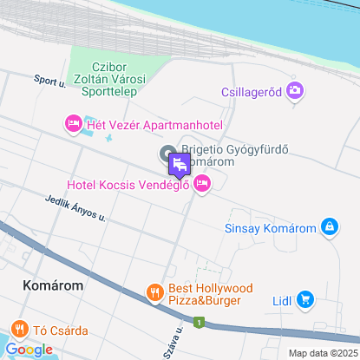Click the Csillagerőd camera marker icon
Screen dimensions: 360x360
coord(295,89)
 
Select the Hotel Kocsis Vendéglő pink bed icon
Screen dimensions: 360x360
coord(202,183)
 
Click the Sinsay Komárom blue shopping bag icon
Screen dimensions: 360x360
coord(329,227)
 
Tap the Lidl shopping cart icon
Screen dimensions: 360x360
coord(304,300)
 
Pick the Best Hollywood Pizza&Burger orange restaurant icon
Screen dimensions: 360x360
coord(155,293)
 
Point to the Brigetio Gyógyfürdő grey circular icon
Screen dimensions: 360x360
coord(167,154)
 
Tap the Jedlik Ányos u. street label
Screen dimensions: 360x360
coord(75,207)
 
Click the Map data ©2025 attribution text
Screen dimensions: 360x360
coord(323,353)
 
